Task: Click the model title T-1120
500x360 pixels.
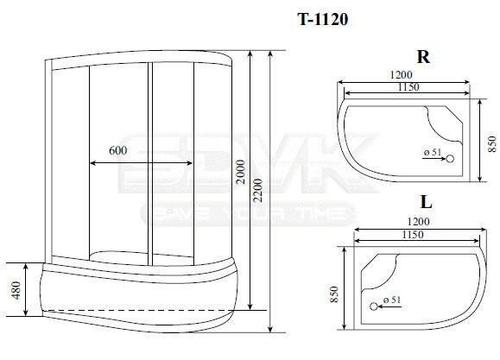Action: pos(322,20)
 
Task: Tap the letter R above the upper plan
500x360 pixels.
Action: pos(423,57)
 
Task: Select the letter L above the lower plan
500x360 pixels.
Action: pos(426,201)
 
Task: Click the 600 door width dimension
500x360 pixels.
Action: pos(118,150)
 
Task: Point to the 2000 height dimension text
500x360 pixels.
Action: pos(242,172)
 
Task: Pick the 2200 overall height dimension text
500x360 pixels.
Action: pos(257,191)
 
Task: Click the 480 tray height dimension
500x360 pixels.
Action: pos(16,290)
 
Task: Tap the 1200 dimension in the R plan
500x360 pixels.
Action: pos(402,75)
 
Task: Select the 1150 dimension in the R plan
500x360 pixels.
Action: pos(408,86)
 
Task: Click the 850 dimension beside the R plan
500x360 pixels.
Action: pos(492,144)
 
